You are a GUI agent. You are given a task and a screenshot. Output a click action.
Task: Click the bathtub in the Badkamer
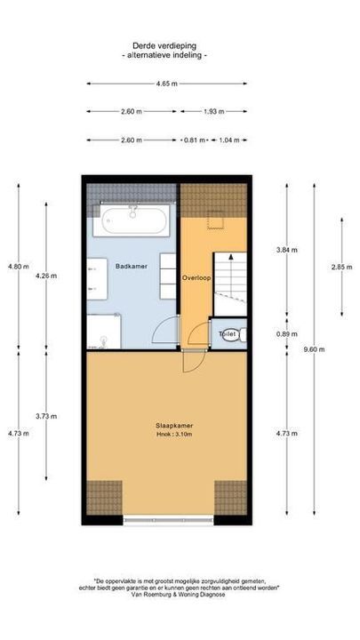134,219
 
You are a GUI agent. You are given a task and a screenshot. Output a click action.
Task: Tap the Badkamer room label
131,266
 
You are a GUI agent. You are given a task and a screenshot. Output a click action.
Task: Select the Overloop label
196,278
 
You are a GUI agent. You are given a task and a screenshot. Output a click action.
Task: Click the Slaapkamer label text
167,426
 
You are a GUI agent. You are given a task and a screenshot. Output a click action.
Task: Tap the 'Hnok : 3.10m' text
167,435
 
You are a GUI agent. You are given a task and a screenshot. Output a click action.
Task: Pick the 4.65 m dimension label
166,84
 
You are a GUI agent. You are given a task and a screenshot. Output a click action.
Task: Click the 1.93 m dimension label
212,112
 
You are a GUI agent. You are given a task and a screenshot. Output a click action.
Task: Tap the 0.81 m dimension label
193,140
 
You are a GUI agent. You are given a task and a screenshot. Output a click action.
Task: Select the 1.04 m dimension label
228,140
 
